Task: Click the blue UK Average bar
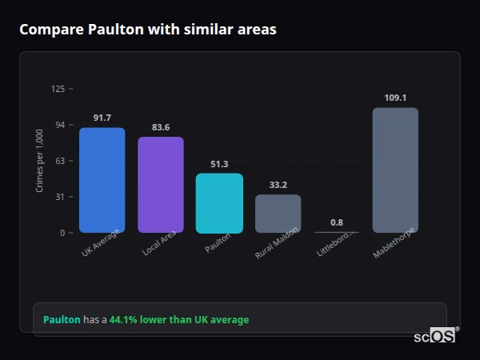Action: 102,180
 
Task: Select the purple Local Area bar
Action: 161,185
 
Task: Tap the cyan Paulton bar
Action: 219,203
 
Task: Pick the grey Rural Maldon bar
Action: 278,214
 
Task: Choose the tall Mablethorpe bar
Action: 395,170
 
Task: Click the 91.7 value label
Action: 102,118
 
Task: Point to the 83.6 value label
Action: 161,127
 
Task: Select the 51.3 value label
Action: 219,164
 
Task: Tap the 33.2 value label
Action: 278,185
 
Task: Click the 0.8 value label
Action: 337,222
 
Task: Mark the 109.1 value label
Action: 395,98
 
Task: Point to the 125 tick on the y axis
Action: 58,89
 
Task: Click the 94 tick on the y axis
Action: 60,125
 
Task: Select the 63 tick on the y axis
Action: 60,161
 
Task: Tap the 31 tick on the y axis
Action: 60,197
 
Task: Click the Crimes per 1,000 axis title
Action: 39,161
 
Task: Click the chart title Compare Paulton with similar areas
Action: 148,30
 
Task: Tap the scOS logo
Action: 435,336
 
